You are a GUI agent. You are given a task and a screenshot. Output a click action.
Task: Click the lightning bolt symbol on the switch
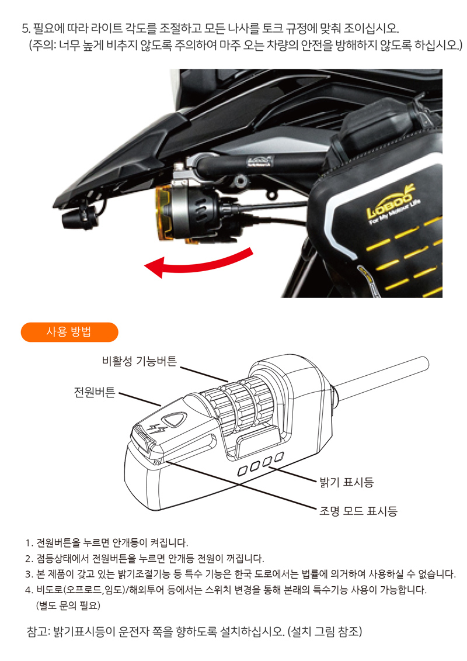click(157, 428)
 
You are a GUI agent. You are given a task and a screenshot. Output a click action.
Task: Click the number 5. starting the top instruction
click(25, 29)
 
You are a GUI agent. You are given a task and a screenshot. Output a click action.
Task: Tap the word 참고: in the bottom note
click(40, 632)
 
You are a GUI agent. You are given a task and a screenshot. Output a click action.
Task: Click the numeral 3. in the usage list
click(29, 573)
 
